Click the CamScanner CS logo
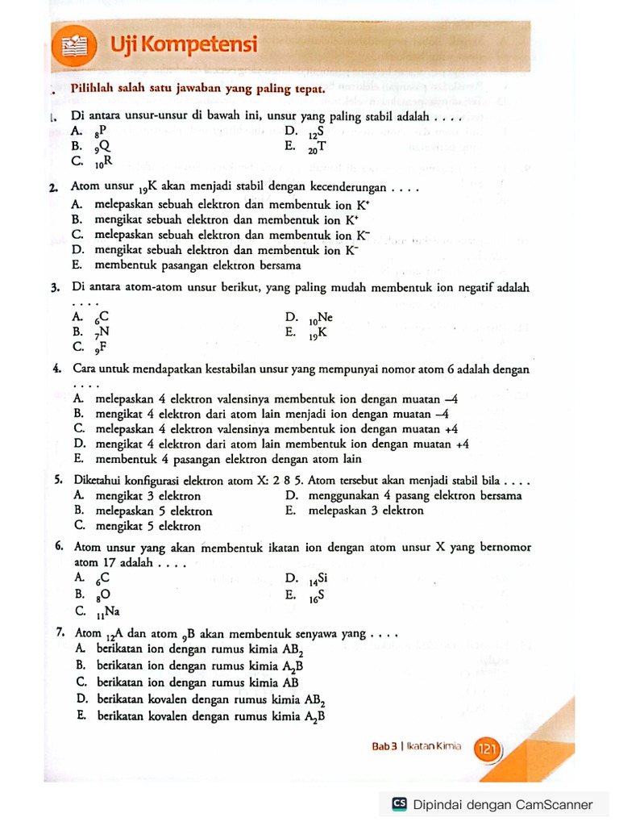click(399, 804)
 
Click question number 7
click(61, 633)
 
